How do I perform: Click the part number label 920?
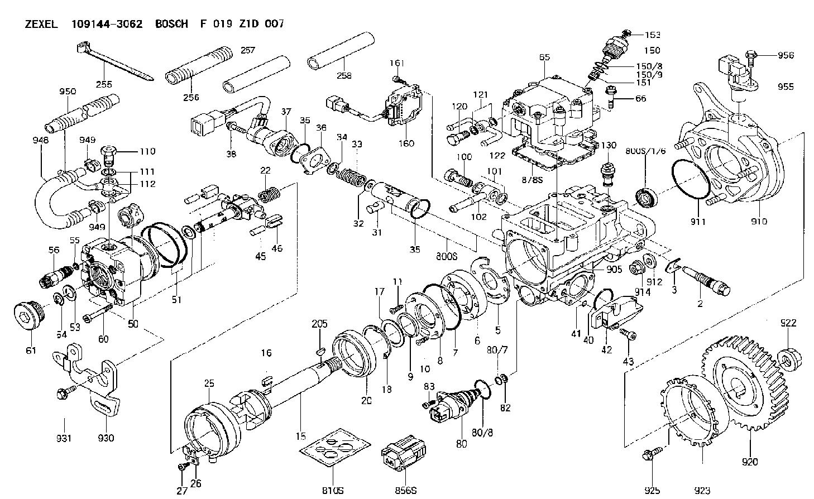point(750,462)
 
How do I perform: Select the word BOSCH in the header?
point(171,24)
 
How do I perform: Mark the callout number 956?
point(786,55)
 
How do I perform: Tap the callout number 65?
point(545,57)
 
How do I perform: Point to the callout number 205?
point(320,324)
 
